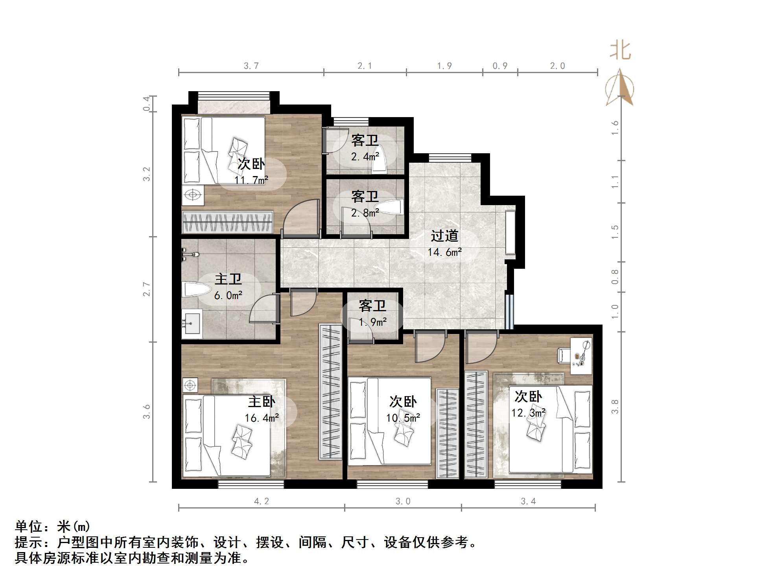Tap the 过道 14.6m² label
pos(444,244)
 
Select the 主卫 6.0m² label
pos(228,287)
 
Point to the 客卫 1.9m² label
pos(372,314)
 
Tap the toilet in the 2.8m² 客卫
pos(389,207)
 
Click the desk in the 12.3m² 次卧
pos(580,356)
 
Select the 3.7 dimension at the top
pos(251,66)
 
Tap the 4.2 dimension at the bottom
pos(262,501)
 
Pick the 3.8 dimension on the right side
pos(615,406)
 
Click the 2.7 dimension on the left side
pos(146,289)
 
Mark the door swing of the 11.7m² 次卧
pos(302,218)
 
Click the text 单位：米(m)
pos(53,526)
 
